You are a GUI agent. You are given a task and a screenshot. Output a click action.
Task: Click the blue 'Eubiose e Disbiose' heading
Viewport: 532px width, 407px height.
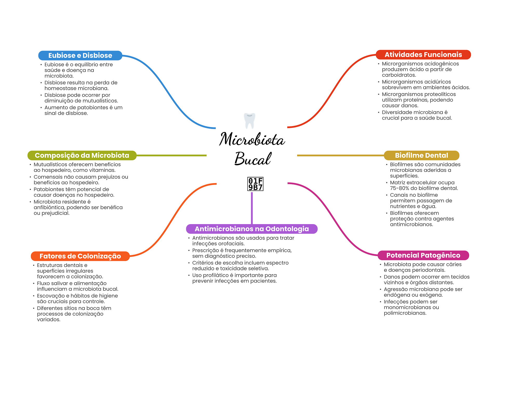click(80, 56)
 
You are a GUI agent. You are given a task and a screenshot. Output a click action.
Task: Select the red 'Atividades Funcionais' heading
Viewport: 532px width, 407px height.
click(423, 55)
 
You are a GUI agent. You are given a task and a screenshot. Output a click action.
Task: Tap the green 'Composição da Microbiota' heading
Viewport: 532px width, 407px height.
click(82, 155)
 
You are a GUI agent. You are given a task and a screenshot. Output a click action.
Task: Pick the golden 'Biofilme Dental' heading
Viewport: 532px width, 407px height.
click(421, 155)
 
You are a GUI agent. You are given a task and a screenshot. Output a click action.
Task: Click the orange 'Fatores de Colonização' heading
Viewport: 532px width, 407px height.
click(80, 256)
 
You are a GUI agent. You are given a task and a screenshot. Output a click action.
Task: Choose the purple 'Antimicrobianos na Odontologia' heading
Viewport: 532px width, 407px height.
click(252, 229)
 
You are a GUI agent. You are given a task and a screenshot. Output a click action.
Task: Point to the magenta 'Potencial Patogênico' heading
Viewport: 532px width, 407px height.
click(423, 255)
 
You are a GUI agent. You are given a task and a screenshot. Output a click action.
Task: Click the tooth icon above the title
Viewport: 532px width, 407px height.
click(250, 121)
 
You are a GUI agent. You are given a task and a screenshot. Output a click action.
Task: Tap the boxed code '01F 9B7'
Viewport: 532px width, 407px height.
click(255, 184)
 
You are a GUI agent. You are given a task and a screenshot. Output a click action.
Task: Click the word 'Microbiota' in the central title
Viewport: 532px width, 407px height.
click(252, 139)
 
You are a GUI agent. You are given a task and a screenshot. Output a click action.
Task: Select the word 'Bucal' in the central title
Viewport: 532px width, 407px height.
click(253, 158)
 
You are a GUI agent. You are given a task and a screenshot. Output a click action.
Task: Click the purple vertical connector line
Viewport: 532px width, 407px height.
click(252, 208)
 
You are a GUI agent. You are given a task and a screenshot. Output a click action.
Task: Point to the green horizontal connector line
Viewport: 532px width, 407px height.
click(171, 155)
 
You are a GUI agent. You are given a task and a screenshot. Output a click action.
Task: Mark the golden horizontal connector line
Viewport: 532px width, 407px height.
click(341, 155)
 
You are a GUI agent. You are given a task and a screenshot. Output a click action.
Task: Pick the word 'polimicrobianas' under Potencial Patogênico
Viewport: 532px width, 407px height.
click(405, 313)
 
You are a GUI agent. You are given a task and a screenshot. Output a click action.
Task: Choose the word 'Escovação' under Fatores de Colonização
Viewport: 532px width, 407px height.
click(51, 296)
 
